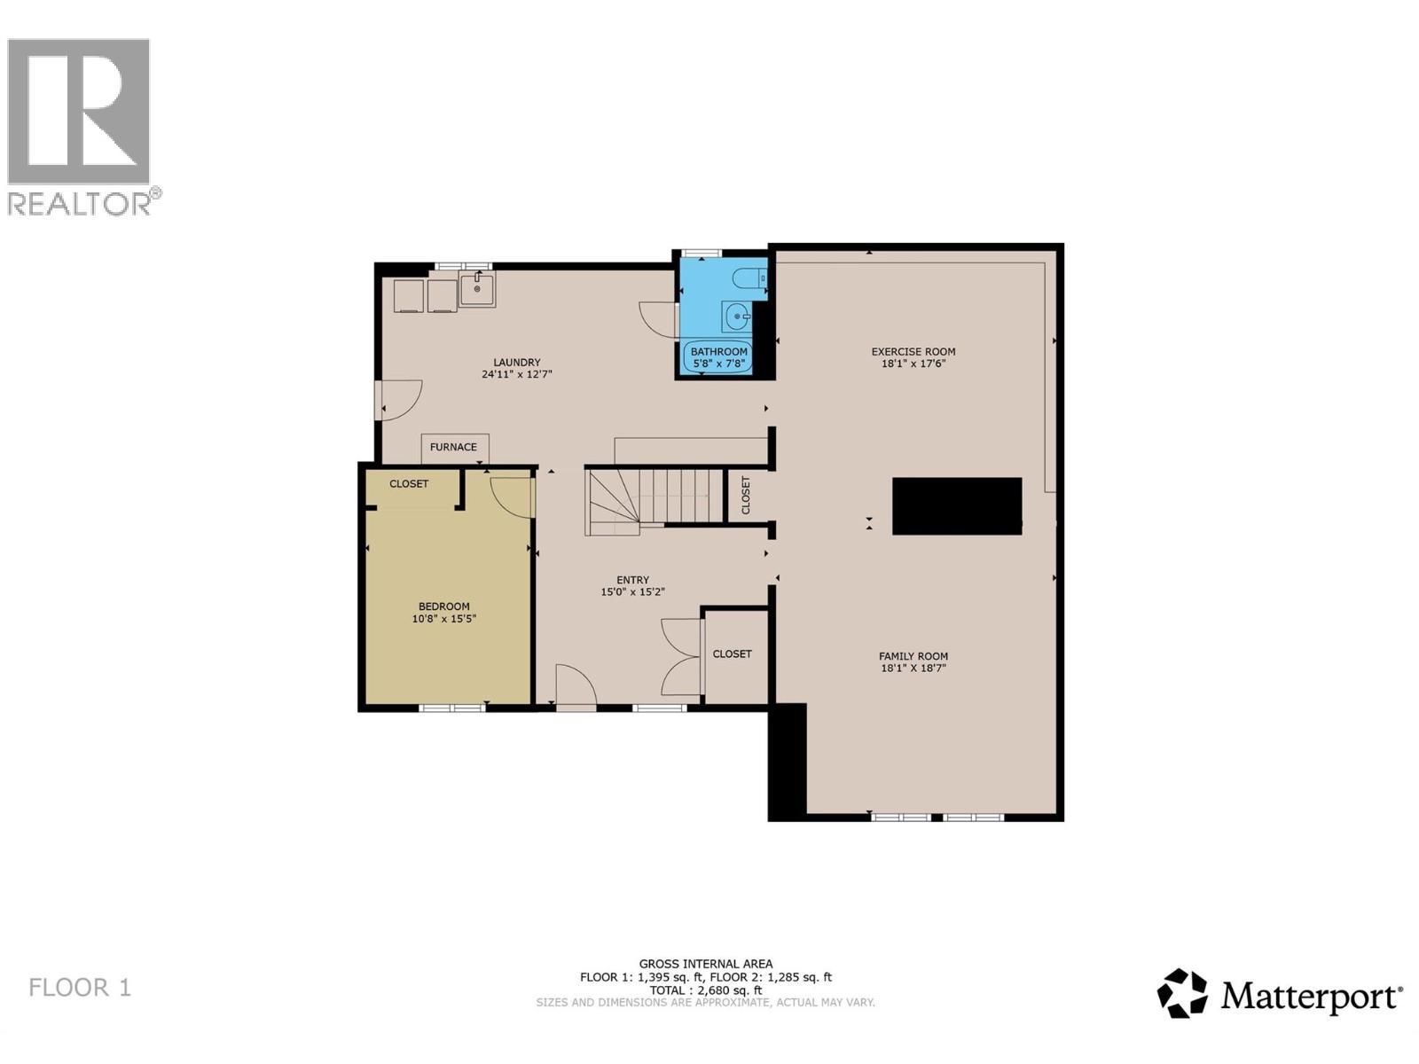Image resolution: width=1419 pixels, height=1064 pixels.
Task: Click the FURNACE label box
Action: [454, 448]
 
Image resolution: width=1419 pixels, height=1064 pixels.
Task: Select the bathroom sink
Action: [736, 316]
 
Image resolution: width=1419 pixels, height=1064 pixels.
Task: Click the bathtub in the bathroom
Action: [718, 356]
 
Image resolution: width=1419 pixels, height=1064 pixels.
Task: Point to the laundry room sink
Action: [477, 289]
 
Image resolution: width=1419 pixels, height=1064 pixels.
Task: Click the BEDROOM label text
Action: [444, 606]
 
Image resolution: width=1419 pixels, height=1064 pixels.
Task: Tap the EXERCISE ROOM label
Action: [913, 352]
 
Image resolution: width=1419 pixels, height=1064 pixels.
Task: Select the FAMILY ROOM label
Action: [913, 656]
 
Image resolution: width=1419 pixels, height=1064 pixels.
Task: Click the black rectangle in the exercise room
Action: [957, 506]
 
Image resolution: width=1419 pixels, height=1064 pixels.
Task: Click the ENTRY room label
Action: [633, 580]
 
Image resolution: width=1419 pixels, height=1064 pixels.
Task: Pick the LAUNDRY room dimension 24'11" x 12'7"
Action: [517, 374]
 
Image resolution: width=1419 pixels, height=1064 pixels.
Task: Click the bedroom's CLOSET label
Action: [409, 484]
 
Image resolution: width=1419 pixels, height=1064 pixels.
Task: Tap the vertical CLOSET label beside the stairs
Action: [746, 495]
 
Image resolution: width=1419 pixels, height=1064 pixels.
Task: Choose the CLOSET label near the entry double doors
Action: [733, 654]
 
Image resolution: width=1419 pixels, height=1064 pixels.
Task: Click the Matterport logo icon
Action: [1182, 993]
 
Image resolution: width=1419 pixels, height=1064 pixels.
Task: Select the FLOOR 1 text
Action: [80, 988]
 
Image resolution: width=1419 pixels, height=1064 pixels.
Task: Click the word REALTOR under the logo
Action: [79, 204]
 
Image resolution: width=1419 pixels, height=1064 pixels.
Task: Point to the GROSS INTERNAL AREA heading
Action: [706, 964]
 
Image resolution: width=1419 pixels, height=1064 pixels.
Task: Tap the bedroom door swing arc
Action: [513, 497]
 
